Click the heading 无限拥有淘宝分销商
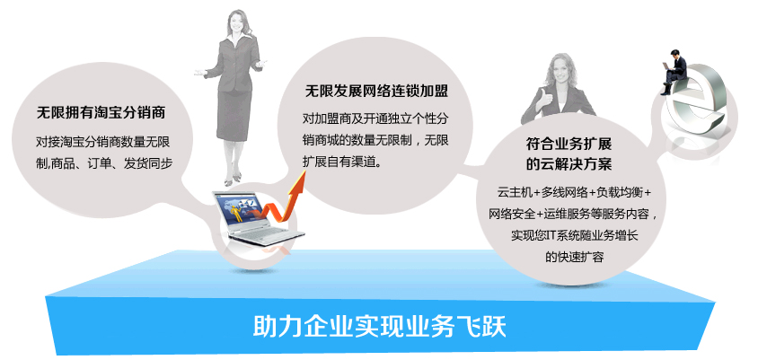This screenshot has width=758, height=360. point(101,112)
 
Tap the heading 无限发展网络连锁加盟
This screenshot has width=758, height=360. point(376,92)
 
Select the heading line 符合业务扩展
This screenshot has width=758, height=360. point(568,144)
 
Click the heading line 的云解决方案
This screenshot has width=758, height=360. point(568,164)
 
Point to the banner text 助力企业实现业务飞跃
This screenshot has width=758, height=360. point(380,327)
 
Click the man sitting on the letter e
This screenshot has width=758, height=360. point(674,72)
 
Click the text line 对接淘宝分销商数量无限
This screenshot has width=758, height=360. point(103,143)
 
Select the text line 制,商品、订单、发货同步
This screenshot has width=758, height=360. point(104,163)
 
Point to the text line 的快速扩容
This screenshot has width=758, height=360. point(574,257)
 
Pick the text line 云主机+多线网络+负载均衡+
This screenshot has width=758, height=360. point(574,193)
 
